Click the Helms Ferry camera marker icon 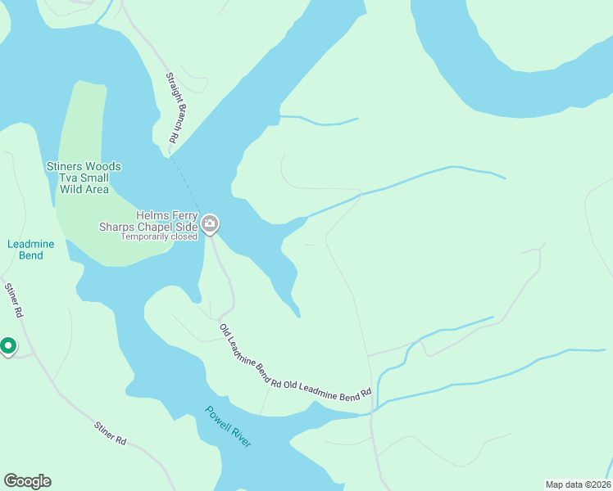point(211,223)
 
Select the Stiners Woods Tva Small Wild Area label point(84,178)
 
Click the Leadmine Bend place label point(25,250)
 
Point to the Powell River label point(229,426)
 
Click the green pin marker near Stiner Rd point(8,347)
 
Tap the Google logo point(27,481)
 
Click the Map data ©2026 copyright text point(578,484)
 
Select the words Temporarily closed point(159,237)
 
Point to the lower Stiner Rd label point(110,433)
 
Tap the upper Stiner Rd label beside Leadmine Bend point(14,300)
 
